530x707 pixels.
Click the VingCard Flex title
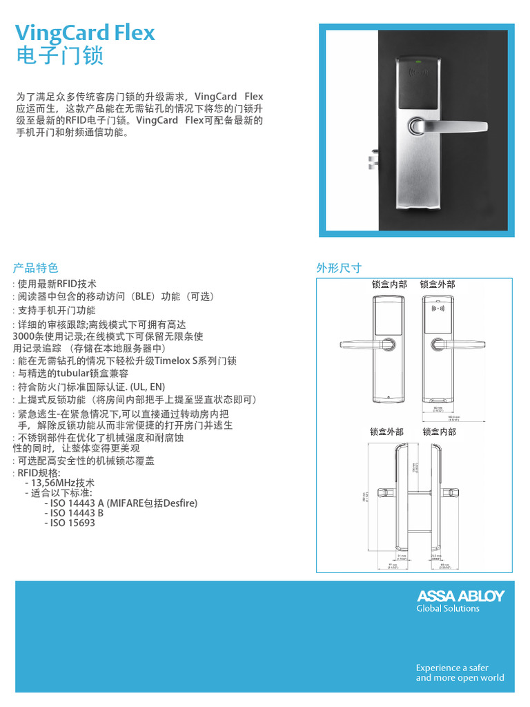point(85,32)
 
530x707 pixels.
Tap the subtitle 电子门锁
point(59,55)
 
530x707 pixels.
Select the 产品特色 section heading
point(36,268)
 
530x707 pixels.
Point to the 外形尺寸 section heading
point(339,268)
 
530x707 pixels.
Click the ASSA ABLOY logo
point(460,596)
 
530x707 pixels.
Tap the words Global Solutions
point(447,608)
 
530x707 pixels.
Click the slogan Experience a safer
point(452,668)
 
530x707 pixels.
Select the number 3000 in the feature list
point(24,336)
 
